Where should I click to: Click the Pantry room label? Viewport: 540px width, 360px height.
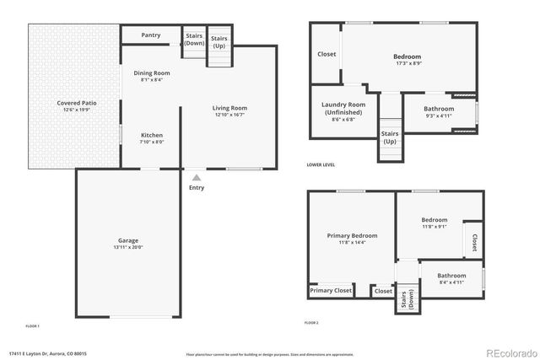click(151, 35)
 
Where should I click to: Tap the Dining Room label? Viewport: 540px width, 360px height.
click(152, 73)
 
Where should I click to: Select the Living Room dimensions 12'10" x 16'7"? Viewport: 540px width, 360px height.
click(229, 115)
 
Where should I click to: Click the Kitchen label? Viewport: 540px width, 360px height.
click(151, 135)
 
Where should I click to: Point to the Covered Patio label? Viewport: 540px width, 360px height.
click(77, 103)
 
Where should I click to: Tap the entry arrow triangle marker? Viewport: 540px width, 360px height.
click(197, 177)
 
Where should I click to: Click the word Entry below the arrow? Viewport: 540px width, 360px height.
click(197, 187)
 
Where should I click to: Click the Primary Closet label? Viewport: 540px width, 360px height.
click(331, 290)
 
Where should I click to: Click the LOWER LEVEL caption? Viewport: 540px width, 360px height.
click(321, 165)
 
